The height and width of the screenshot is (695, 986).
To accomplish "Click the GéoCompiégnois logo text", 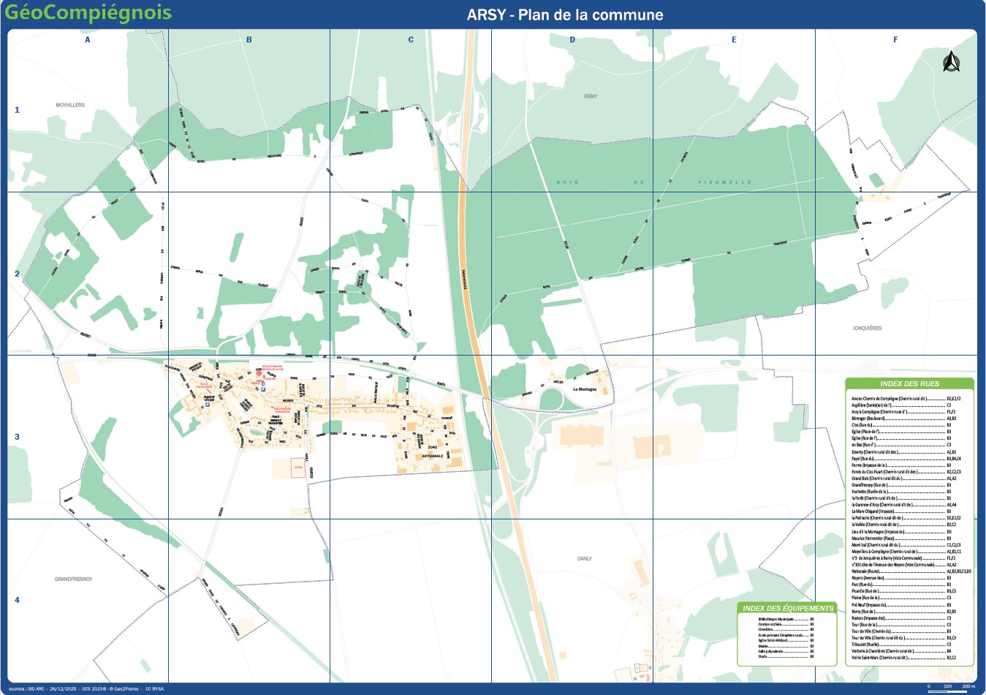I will click(x=88, y=13).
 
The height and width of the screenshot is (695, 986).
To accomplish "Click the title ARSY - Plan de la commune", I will click(x=565, y=15).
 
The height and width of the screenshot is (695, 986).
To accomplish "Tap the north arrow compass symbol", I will click(x=950, y=62).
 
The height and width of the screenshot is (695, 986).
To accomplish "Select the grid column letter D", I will click(x=572, y=40).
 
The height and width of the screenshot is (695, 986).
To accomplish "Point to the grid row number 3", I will click(x=17, y=437).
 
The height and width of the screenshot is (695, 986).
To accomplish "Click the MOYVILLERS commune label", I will click(x=70, y=105).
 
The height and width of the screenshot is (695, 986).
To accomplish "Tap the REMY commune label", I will click(x=591, y=97).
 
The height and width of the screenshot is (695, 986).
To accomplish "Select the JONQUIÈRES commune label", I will click(x=867, y=328).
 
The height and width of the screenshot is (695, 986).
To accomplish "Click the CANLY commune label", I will click(x=585, y=559).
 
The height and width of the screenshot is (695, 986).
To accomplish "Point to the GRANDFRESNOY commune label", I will click(x=73, y=579).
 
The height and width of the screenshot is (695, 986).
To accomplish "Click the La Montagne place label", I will click(x=585, y=389).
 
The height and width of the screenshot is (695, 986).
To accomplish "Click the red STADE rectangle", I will click(x=297, y=467).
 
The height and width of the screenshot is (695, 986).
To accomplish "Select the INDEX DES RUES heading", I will click(x=909, y=384).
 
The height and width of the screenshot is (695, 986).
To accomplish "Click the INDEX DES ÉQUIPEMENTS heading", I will click(x=787, y=609).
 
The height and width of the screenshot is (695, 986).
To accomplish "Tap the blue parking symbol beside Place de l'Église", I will click(x=208, y=403).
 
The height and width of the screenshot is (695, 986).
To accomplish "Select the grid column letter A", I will click(x=88, y=40).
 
